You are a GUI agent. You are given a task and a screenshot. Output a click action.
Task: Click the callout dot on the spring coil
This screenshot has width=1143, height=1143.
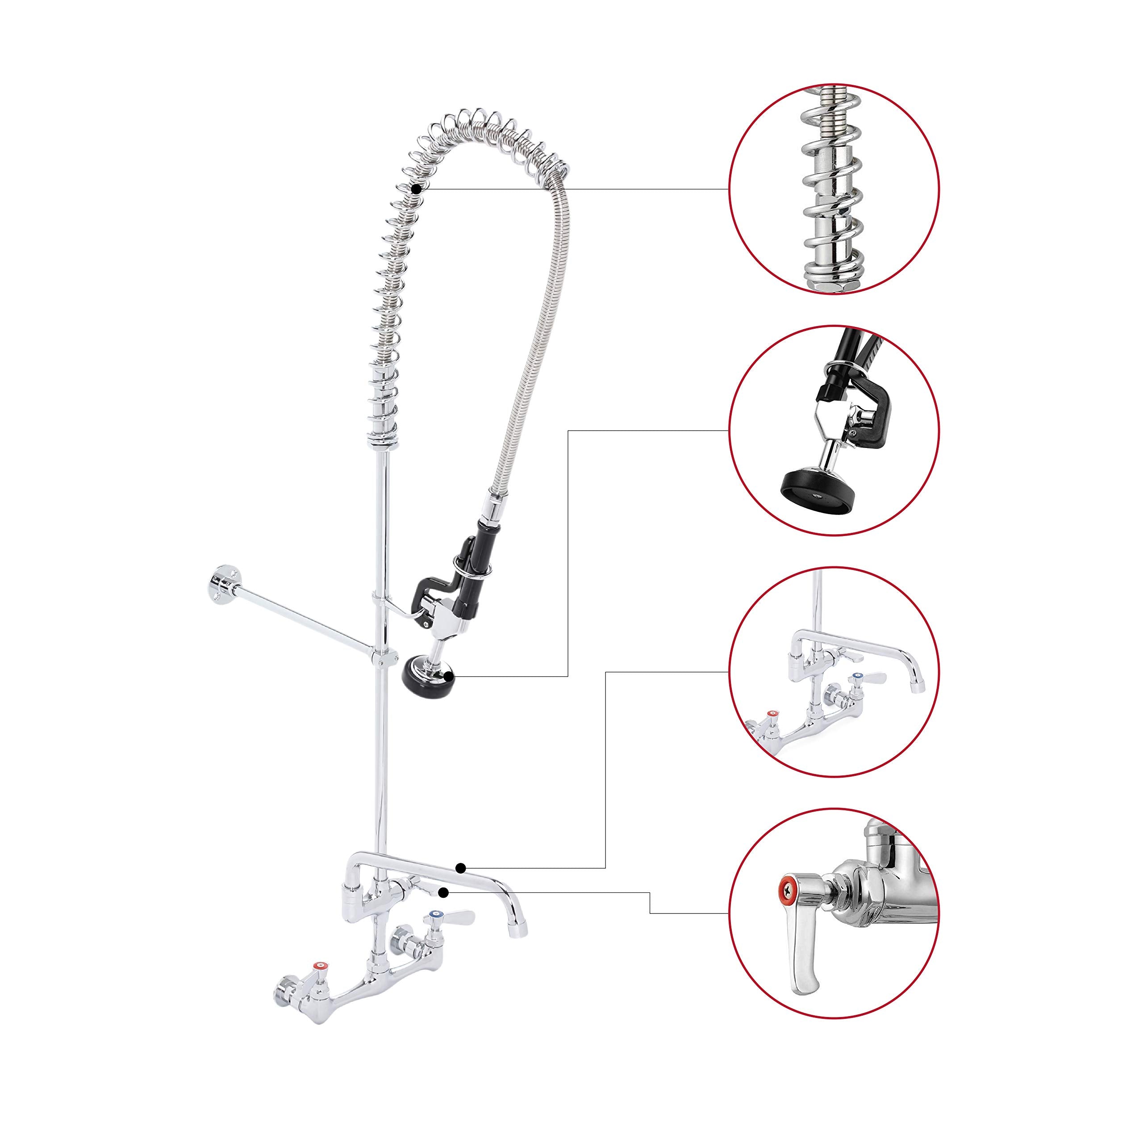click(x=417, y=189)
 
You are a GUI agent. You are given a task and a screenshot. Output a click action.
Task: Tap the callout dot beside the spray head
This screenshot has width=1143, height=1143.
click(x=450, y=675)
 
